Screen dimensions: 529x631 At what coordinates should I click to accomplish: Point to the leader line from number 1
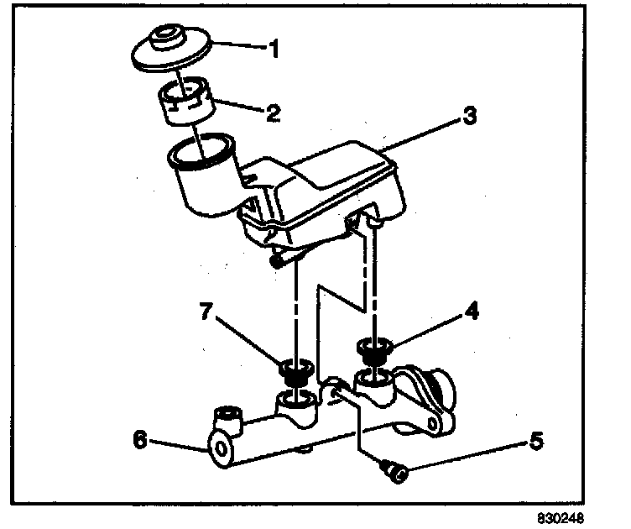click(x=237, y=45)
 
